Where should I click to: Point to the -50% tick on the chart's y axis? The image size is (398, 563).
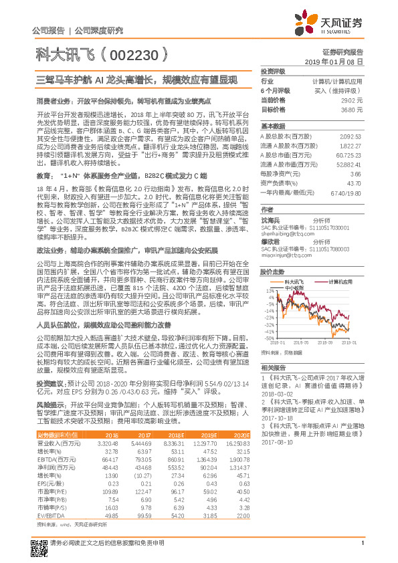click(x=268, y=338)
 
